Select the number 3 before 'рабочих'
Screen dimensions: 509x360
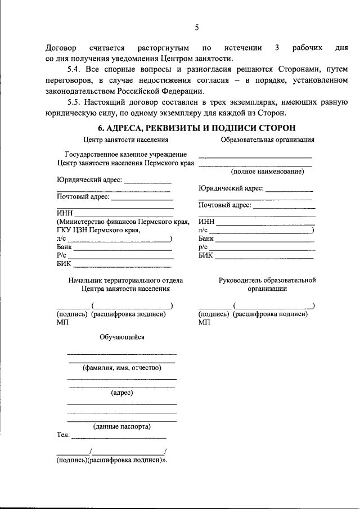pyautogui.click(x=277, y=48)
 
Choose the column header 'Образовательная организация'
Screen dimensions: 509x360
pyautogui.click(x=267, y=139)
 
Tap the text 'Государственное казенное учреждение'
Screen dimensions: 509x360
pyautogui.click(x=125, y=154)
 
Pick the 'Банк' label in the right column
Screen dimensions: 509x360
pyautogui.click(x=206, y=238)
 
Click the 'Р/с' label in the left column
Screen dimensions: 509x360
pyautogui.click(x=62, y=255)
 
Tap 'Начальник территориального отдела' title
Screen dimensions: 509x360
pyautogui.click(x=125, y=280)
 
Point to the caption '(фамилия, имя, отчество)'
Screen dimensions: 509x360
pyautogui.click(x=122, y=368)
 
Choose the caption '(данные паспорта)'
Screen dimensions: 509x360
pyautogui.click(x=122, y=426)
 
